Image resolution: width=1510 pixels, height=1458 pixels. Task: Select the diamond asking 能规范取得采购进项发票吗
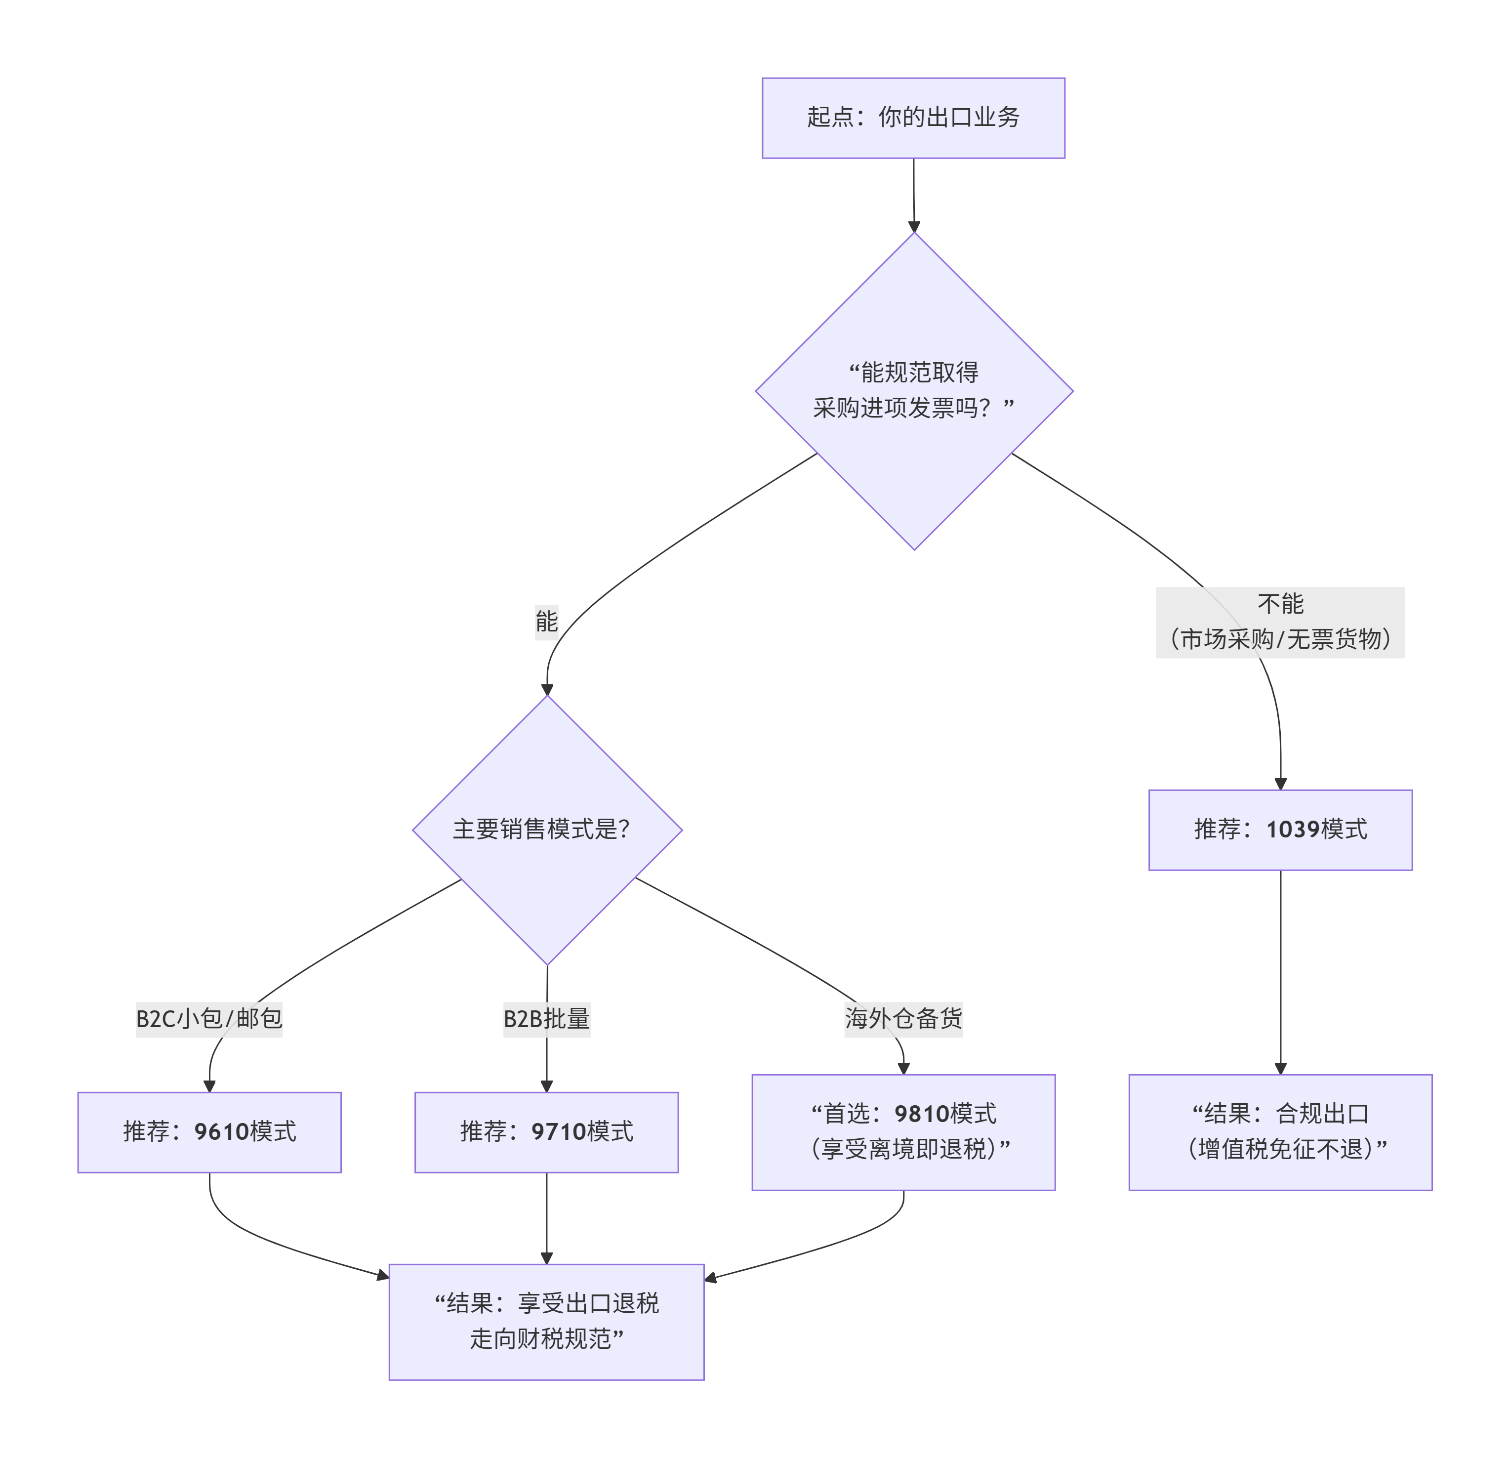tap(914, 391)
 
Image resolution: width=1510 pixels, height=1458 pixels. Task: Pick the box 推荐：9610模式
tap(209, 1131)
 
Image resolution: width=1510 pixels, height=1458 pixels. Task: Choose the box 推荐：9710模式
tap(546, 1131)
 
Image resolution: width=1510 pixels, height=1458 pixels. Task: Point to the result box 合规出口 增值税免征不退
tap(1280, 1131)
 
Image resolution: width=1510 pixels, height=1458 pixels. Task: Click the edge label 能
tap(546, 621)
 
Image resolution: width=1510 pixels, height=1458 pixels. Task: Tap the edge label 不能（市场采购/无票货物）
tap(1280, 622)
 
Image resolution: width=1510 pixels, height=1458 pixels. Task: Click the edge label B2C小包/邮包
tap(209, 1019)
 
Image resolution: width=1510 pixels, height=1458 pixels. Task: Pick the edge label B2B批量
tap(546, 1019)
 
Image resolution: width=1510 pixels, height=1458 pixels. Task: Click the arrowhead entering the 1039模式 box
tap(1280, 784)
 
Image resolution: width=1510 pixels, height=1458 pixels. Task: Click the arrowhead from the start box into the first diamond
tap(914, 227)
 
